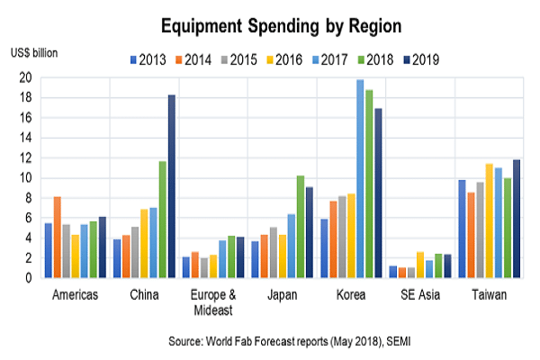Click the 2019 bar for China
tap(172, 186)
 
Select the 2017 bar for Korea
tap(360, 179)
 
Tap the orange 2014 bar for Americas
tap(58, 238)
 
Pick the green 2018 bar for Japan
tap(301, 227)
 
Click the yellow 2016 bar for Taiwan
tap(490, 220)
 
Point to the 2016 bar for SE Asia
tap(420, 265)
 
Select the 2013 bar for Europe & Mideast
tap(186, 267)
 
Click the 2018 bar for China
tap(163, 220)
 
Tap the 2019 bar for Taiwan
tap(517, 219)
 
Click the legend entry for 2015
tap(239, 60)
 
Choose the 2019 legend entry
tap(421, 60)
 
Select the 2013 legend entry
tap(148, 60)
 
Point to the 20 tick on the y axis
tap(25, 78)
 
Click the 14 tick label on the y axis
tap(25, 138)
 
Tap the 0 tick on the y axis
tap(29, 278)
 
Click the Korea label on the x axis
tap(351, 295)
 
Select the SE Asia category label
tap(420, 295)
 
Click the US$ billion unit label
tap(34, 53)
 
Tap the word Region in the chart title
tap(375, 26)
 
